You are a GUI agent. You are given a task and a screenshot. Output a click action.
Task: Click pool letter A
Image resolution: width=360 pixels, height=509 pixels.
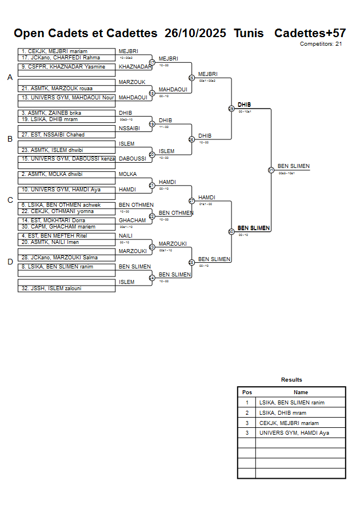(10, 78)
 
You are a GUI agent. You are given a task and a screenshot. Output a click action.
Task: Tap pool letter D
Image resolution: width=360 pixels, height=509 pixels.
(10, 262)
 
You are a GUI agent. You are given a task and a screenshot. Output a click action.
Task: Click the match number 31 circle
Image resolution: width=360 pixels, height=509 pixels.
(271, 170)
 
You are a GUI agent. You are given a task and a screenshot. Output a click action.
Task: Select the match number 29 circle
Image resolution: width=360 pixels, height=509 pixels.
(231, 109)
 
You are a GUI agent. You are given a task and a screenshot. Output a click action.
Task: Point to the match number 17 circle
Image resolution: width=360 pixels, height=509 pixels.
(152, 62)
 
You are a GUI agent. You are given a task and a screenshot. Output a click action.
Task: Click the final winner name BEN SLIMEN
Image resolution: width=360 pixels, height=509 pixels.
(293, 166)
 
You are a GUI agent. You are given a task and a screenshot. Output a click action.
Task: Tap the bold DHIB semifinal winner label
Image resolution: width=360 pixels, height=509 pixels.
(244, 105)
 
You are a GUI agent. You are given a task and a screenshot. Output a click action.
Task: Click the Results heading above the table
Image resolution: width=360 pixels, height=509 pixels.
(291, 380)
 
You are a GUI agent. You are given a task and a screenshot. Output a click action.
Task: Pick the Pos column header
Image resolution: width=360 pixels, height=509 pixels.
(247, 392)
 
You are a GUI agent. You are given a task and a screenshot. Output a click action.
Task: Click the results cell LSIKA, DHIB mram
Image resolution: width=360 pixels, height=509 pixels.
(282, 412)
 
